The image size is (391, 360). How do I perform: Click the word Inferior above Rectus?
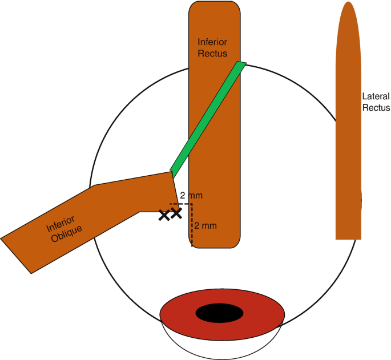tap(213, 42)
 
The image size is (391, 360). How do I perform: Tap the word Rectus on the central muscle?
tap(213, 54)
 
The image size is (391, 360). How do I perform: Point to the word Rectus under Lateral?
tap(377, 107)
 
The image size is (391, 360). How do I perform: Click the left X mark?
tap(164, 215)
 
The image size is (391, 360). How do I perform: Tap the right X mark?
tap(176, 214)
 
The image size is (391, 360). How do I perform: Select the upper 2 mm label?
tap(191, 196)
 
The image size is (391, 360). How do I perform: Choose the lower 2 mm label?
tap(205, 226)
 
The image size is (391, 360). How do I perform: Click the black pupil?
tap(220, 313)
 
